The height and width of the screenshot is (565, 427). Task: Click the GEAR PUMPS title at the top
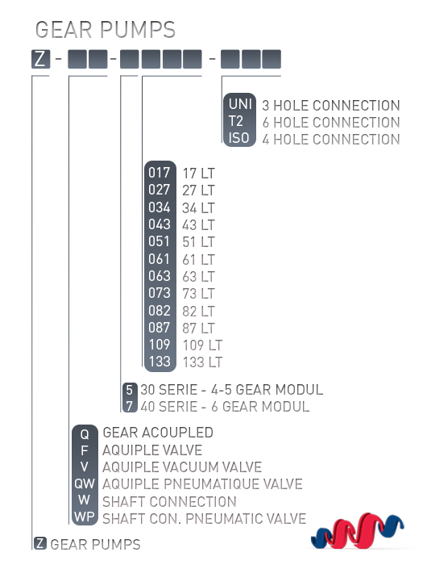[x=106, y=30]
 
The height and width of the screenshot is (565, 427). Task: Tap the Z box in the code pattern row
[x=40, y=59]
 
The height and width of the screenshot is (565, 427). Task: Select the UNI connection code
[x=240, y=104]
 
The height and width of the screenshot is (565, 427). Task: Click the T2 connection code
[x=236, y=121]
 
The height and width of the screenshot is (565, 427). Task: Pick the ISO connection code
[x=238, y=138]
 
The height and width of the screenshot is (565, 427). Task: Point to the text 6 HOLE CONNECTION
[x=331, y=123]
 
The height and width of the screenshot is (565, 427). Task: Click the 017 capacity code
[x=159, y=173]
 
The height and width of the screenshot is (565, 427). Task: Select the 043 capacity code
[x=160, y=225]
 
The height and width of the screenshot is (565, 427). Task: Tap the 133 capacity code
[x=160, y=362]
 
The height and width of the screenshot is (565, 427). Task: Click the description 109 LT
[x=202, y=345]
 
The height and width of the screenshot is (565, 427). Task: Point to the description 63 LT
[x=198, y=277]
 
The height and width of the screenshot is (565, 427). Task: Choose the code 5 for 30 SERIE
[x=130, y=390]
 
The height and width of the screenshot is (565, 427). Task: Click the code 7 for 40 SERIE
[x=130, y=406]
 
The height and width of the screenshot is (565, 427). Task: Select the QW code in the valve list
[x=85, y=483]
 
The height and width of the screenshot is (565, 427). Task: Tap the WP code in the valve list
[x=85, y=517]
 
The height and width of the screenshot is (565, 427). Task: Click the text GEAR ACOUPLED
[x=158, y=433]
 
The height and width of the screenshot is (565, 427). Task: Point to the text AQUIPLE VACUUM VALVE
[x=182, y=467]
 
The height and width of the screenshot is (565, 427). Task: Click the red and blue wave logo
[x=358, y=530]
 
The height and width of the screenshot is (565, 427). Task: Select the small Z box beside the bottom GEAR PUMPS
[x=40, y=543]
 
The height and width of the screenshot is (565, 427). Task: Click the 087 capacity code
[x=160, y=328]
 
